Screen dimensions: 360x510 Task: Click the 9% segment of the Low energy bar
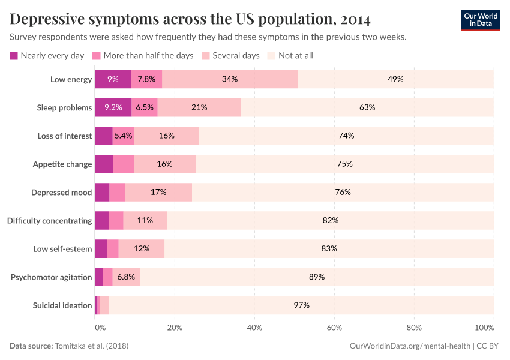pos(113,79)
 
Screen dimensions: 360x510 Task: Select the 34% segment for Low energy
pos(230,79)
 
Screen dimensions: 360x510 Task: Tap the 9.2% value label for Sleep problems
pos(113,107)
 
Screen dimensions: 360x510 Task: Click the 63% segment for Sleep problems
pos(367,107)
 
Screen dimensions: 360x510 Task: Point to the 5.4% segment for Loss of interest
pos(123,136)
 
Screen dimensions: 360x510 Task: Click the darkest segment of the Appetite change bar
pos(104,164)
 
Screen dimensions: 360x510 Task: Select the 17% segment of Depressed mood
pos(158,192)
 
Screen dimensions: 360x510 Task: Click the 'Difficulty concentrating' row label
pos(50,220)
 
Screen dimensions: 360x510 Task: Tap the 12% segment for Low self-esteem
pos(142,248)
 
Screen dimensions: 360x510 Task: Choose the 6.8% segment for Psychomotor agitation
pos(126,277)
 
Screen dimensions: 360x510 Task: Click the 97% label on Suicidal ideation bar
pos(301,305)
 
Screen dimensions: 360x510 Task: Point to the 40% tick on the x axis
pos(254,328)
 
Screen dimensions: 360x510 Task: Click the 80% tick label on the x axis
pos(414,328)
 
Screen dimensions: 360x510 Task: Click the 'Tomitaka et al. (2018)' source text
pos(91,346)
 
